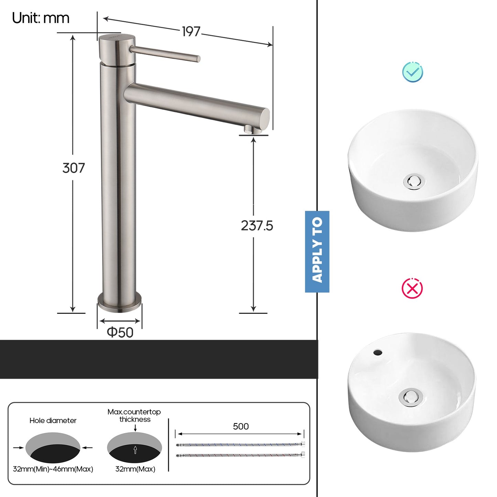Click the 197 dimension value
pos(191,32)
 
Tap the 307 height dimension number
pos(73,168)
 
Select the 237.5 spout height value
pos(257,226)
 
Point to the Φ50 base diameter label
pos(120,332)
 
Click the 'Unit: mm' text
pos(41,18)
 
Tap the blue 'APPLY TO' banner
pos(317,251)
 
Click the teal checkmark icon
pos(412,72)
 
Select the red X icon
pos(412,288)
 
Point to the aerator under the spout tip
pos(248,129)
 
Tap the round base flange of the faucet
pos(119,303)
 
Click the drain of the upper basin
pos(414,182)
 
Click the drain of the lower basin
pos(410,397)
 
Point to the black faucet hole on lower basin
pos(378,353)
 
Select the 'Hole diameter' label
pos(53,420)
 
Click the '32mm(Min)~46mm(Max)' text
pos(53,469)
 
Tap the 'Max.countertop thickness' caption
pos(134,415)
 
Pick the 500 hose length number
pos(240,426)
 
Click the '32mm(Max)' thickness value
pos(135,469)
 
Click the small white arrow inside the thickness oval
pos(135,450)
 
